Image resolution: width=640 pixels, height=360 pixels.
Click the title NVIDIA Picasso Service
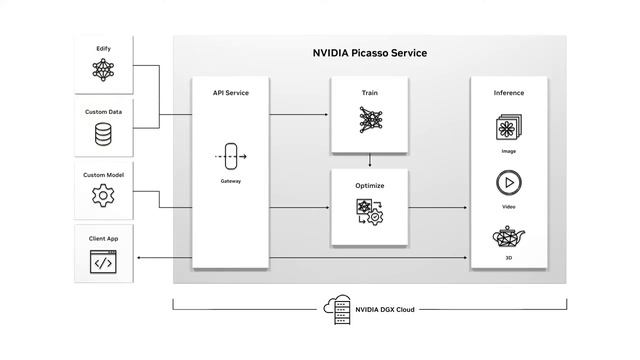tap(370, 52)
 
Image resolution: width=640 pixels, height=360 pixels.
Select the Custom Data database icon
tap(103, 133)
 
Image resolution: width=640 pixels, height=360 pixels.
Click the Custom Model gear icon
tap(103, 196)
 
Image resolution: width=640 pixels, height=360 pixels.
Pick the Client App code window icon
tap(103, 262)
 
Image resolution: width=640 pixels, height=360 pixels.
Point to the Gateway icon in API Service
tap(231, 157)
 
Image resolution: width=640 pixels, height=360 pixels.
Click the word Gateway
tap(231, 181)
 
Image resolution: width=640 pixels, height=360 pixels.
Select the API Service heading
tap(231, 93)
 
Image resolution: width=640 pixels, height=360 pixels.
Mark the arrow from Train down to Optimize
tap(370, 160)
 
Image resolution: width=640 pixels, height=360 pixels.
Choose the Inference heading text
tap(508, 93)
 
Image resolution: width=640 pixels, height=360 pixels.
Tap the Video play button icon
tap(508, 183)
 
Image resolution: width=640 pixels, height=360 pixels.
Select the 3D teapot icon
tap(508, 239)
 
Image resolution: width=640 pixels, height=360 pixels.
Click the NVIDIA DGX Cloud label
tap(384, 309)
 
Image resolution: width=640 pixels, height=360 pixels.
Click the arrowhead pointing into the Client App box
tap(136, 259)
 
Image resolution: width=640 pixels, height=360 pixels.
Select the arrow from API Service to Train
tap(300, 115)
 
